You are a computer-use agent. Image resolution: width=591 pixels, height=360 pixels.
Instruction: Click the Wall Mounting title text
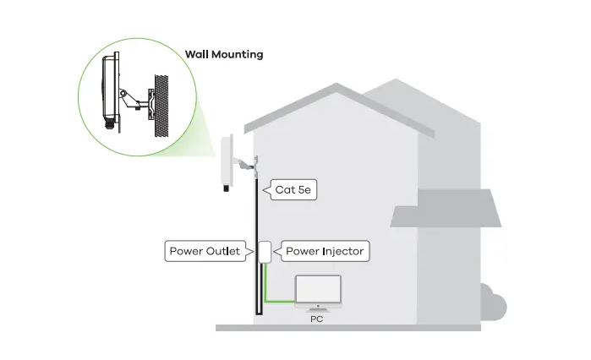224,55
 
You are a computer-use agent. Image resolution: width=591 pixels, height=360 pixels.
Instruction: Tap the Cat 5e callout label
293,190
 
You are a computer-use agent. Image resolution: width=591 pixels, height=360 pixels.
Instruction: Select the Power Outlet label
205,251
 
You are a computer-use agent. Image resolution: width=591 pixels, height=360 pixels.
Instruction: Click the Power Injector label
325,251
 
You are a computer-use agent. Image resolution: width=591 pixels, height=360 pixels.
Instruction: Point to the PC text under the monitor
316,319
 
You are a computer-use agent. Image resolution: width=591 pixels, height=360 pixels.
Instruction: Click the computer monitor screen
318,289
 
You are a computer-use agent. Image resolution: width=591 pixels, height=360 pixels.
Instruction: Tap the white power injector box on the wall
265,252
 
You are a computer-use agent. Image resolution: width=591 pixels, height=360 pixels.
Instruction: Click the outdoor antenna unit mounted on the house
227,161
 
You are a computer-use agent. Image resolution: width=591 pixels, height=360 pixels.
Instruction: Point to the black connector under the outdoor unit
226,188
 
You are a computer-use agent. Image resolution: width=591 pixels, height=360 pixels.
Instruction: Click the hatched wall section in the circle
161,106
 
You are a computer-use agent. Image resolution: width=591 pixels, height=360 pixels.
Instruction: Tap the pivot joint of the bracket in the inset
123,93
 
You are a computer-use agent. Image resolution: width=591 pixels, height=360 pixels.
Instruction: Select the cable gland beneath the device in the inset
109,123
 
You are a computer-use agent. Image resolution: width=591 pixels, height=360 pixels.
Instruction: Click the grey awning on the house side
446,208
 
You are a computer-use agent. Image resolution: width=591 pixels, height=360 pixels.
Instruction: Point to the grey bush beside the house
493,303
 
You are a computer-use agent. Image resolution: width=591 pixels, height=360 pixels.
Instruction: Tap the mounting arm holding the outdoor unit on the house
244,165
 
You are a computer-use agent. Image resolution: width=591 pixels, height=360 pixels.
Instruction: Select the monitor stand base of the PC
318,309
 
